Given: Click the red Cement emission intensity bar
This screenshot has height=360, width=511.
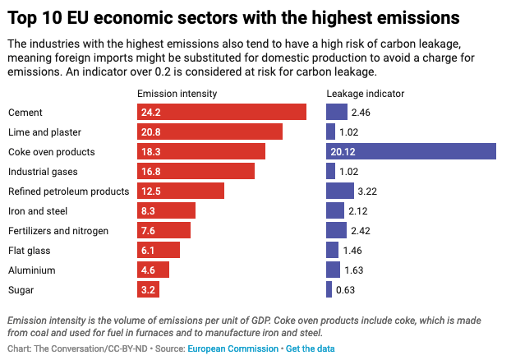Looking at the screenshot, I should point(222,112).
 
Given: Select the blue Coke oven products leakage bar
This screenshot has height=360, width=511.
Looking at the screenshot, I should point(411,151).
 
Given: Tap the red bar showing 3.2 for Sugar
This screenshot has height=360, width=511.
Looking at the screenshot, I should point(148,289).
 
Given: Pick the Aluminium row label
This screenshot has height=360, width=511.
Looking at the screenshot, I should point(32,270).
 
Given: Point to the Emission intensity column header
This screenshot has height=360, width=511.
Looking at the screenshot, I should point(177,94).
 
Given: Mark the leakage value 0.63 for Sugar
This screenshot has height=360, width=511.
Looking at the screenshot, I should point(346,289).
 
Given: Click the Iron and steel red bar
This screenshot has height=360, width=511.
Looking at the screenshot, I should point(166,210).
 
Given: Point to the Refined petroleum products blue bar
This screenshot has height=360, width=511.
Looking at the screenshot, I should point(339,191).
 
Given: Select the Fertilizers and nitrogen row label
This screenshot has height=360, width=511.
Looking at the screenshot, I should point(58,230).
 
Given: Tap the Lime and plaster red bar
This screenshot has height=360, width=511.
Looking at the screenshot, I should point(209,132).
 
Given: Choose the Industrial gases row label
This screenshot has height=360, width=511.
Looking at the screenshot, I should point(44,171).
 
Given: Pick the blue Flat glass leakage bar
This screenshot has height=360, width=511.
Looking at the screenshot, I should point(332,250).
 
